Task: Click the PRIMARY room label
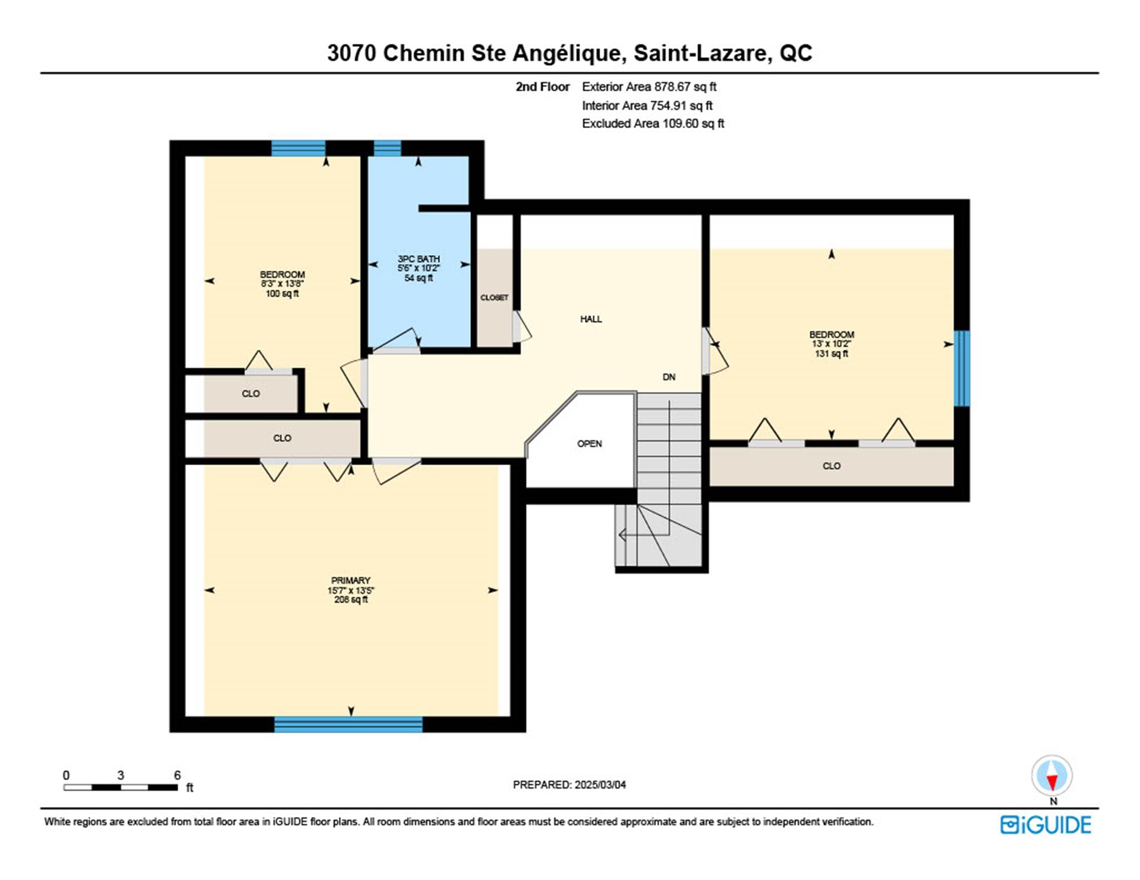[x=350, y=580]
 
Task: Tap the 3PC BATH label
[x=419, y=259]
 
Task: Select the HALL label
[x=591, y=319]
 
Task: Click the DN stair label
[x=669, y=377]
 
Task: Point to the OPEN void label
[x=590, y=444]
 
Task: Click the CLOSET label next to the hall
[x=494, y=297]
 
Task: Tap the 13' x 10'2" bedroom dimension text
[x=831, y=344]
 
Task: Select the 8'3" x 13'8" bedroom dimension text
[x=282, y=284]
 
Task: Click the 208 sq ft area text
[x=351, y=600]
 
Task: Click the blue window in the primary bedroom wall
[x=349, y=724]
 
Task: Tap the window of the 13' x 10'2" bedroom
[x=962, y=368]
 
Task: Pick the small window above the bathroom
[x=387, y=148]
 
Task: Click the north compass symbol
[x=1052, y=776]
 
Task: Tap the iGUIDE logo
[x=1046, y=825]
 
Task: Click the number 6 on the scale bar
[x=177, y=775]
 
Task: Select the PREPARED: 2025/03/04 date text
[x=569, y=784]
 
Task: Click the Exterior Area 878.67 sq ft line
[x=649, y=87]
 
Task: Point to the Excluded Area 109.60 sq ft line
[x=653, y=123]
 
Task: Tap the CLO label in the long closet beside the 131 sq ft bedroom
[x=831, y=466]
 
